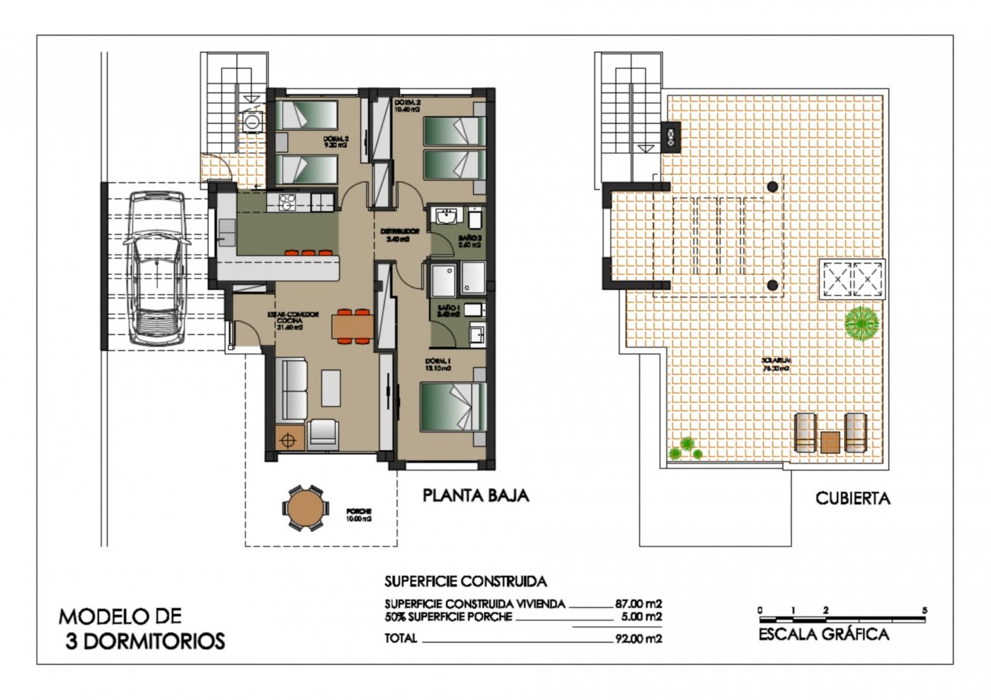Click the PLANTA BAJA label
point(476,495)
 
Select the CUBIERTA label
point(852,498)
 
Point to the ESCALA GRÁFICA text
point(823,634)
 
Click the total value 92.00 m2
point(638,638)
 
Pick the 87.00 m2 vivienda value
point(638,604)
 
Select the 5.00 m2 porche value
point(641,616)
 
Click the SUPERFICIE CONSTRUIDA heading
point(465,582)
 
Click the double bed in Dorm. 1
point(453,406)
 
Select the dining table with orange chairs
point(353,326)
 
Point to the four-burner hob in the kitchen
point(286,202)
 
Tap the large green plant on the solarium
point(861,323)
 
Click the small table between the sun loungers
point(830,442)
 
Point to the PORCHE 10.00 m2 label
point(359,515)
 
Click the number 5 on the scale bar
point(924,610)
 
